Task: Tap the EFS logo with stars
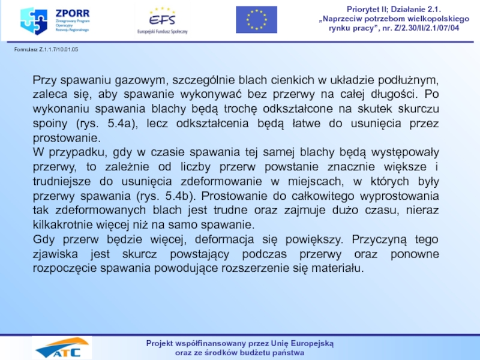pyautogui.click(x=162, y=19)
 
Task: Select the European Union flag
pyautogui.click(x=256, y=19)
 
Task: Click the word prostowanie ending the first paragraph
pyautogui.click(x=62, y=138)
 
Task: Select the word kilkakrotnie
pyautogui.click(x=63, y=225)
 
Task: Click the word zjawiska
pyautogui.click(x=53, y=254)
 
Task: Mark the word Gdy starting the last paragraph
pyautogui.click(x=44, y=239)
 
